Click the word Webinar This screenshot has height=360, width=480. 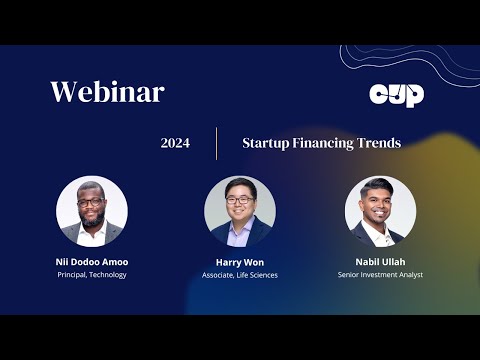tap(107, 93)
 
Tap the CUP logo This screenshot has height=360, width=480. tap(397, 95)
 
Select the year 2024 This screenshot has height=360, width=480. tap(175, 143)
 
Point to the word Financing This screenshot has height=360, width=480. tap(323, 143)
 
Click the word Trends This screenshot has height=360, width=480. tap(379, 143)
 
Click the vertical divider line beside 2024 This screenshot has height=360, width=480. tap(216, 143)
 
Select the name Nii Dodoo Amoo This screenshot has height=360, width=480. tap(92, 261)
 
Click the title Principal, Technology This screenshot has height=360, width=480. tap(92, 275)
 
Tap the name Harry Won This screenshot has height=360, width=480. tap(240, 261)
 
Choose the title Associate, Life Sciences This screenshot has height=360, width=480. tap(240, 275)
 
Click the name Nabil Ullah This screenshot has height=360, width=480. tap(380, 261)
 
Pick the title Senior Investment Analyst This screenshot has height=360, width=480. tap(380, 275)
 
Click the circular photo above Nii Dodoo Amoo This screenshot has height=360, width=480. tap(92, 212)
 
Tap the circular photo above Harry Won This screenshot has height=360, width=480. tap(240, 212)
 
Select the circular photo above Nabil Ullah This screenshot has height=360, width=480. tap(380, 212)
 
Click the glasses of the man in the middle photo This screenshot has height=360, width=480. tap(239, 201)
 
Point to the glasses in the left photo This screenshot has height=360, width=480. tap(90, 203)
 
